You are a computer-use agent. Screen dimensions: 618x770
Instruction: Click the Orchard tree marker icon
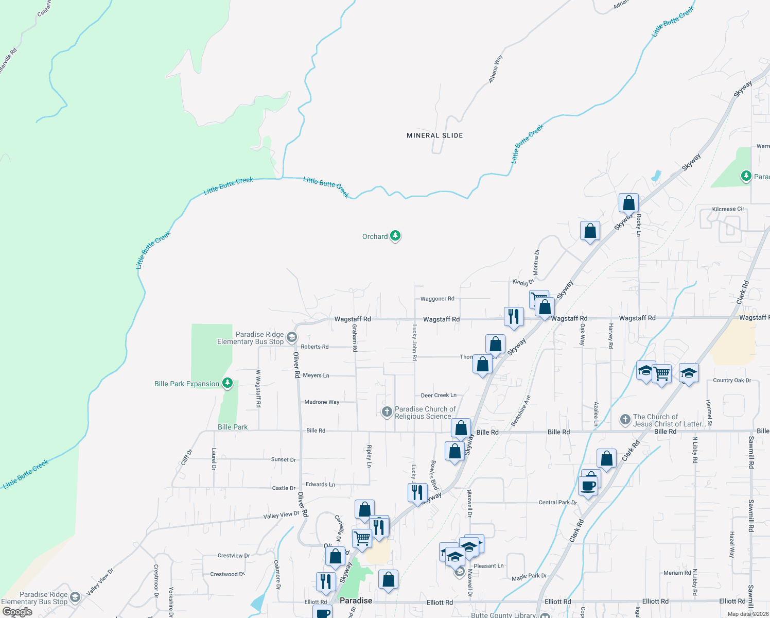click(395, 236)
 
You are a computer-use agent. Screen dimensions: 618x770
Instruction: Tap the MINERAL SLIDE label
click(435, 135)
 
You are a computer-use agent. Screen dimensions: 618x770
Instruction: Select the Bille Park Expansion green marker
click(227, 383)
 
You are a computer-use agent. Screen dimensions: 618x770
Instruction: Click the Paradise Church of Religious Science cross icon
click(387, 412)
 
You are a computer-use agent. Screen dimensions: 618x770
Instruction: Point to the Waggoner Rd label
click(437, 299)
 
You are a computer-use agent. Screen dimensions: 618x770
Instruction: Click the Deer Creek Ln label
click(439, 396)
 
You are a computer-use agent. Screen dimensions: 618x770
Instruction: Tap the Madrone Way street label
click(322, 402)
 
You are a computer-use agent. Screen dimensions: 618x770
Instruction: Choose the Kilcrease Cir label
click(728, 209)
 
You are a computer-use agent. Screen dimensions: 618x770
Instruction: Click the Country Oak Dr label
click(732, 381)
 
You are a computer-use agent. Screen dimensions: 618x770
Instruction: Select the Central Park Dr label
click(557, 503)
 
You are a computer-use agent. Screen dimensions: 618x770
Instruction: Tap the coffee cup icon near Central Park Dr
click(587, 486)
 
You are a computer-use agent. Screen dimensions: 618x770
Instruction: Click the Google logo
click(17, 612)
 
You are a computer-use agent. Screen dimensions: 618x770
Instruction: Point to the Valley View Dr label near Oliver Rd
click(281, 515)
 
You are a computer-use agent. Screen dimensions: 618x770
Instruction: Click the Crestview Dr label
click(234, 556)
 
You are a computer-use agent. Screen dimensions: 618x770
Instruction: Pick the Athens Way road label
click(495, 69)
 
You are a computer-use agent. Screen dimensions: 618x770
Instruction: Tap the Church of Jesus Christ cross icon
click(625, 420)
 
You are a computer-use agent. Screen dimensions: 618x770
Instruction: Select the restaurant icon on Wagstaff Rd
click(514, 316)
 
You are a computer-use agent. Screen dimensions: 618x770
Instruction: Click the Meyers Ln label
click(316, 375)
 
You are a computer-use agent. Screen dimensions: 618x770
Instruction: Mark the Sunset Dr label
click(284, 459)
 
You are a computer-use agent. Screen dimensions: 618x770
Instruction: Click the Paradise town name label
click(356, 600)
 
